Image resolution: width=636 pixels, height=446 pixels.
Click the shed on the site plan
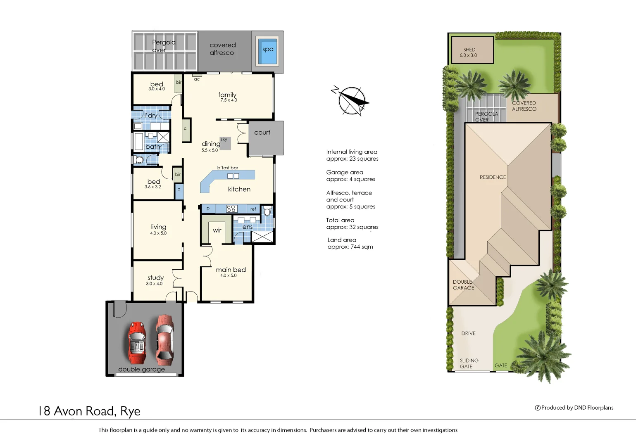tap(472, 50)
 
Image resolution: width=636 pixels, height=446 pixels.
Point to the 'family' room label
tap(227, 95)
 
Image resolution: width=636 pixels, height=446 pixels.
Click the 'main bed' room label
tap(231, 270)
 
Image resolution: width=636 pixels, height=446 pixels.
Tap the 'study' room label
tap(155, 278)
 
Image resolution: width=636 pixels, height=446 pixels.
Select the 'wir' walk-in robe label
tap(217, 230)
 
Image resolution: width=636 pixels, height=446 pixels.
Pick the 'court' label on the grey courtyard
tap(262, 133)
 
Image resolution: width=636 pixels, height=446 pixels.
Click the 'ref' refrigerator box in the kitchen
tap(253, 209)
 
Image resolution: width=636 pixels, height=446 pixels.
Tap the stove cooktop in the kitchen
tap(231, 209)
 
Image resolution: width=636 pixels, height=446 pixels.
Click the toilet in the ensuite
tap(267, 212)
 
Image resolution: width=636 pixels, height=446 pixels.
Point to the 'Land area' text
tap(342, 240)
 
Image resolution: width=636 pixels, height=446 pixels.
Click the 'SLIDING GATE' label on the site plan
tap(469, 363)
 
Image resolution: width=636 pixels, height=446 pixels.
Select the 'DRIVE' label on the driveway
tap(468, 333)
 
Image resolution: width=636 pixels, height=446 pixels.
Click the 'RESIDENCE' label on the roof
tap(493, 177)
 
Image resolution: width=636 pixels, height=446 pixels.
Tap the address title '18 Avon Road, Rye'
tap(89, 411)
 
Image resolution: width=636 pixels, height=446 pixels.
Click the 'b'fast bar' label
tap(228, 168)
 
